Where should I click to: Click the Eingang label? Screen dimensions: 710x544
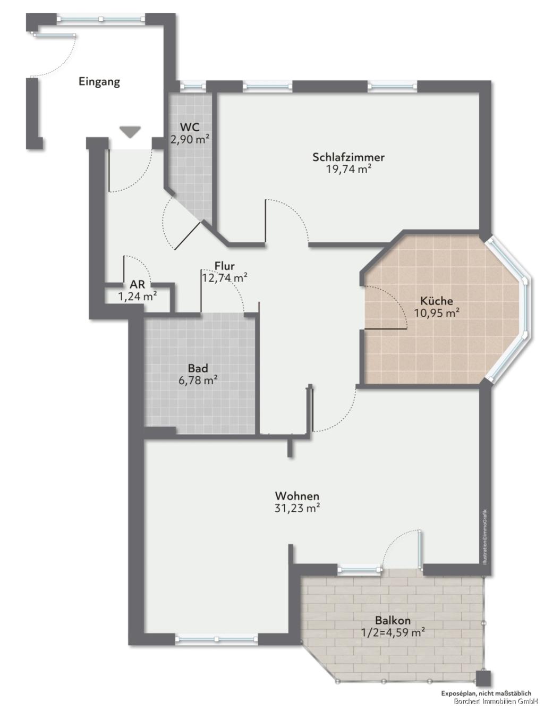[99, 82]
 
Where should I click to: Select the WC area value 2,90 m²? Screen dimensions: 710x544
[190, 140]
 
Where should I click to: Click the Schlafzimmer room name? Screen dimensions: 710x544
[348, 157]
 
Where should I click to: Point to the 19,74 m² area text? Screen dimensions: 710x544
[348, 170]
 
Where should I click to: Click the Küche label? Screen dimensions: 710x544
[436, 301]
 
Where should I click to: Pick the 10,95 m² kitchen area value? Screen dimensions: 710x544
[437, 313]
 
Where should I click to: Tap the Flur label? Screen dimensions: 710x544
[224, 266]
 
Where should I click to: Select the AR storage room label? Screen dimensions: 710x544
[137, 285]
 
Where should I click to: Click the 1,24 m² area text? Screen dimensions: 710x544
[138, 297]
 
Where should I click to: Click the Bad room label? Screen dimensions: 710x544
[198, 368]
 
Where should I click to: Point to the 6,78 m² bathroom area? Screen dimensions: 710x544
[198, 381]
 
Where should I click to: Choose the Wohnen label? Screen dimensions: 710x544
[297, 496]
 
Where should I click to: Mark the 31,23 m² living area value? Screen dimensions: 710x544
[297, 509]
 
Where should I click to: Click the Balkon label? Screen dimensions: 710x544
[393, 620]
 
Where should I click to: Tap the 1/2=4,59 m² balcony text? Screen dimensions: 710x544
[393, 633]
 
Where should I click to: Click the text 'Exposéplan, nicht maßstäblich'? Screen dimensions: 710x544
[486, 694]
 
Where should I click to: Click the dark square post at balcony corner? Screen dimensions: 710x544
[483, 679]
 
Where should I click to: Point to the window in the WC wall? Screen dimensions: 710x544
[192, 86]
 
